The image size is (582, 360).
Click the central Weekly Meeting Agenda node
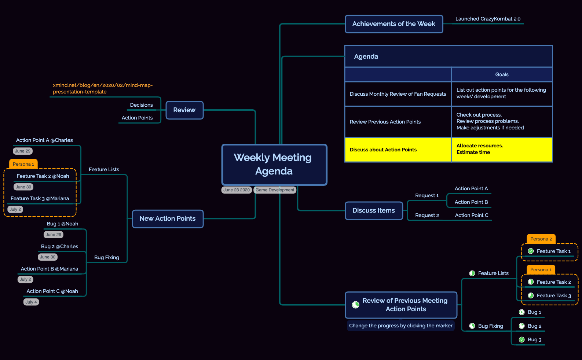[274, 165]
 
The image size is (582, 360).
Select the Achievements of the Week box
[394, 24]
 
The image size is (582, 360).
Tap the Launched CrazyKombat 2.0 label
[488, 19]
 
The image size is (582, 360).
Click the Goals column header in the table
[502, 74]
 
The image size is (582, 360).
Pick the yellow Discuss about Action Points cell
[398, 150]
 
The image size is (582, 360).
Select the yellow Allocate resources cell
[502, 150]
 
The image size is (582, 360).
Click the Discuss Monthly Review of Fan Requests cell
[398, 94]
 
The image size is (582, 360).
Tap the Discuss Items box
[374, 210]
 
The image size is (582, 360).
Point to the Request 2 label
[427, 215]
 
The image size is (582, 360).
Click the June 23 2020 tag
[237, 190]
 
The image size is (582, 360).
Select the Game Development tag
[275, 190]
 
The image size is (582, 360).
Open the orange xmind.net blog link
[103, 88]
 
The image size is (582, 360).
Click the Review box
[184, 110]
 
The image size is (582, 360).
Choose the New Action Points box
[168, 219]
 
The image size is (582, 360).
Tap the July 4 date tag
[31, 302]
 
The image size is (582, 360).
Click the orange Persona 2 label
[541, 239]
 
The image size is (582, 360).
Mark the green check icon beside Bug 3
[521, 340]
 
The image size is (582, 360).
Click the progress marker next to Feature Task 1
[531, 251]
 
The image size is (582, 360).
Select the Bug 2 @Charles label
[59, 246]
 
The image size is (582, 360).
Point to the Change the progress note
[400, 326]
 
